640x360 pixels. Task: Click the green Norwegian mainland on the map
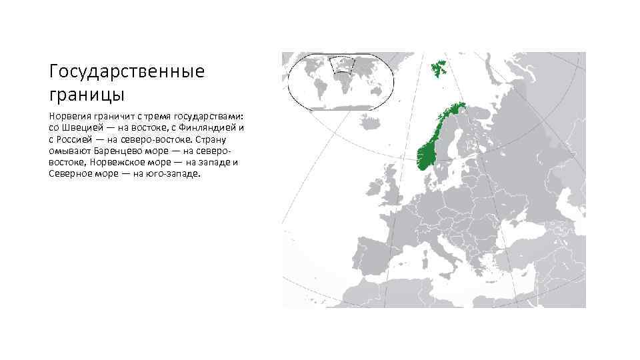click(x=427, y=150)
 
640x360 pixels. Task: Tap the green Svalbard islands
click(x=439, y=67)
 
